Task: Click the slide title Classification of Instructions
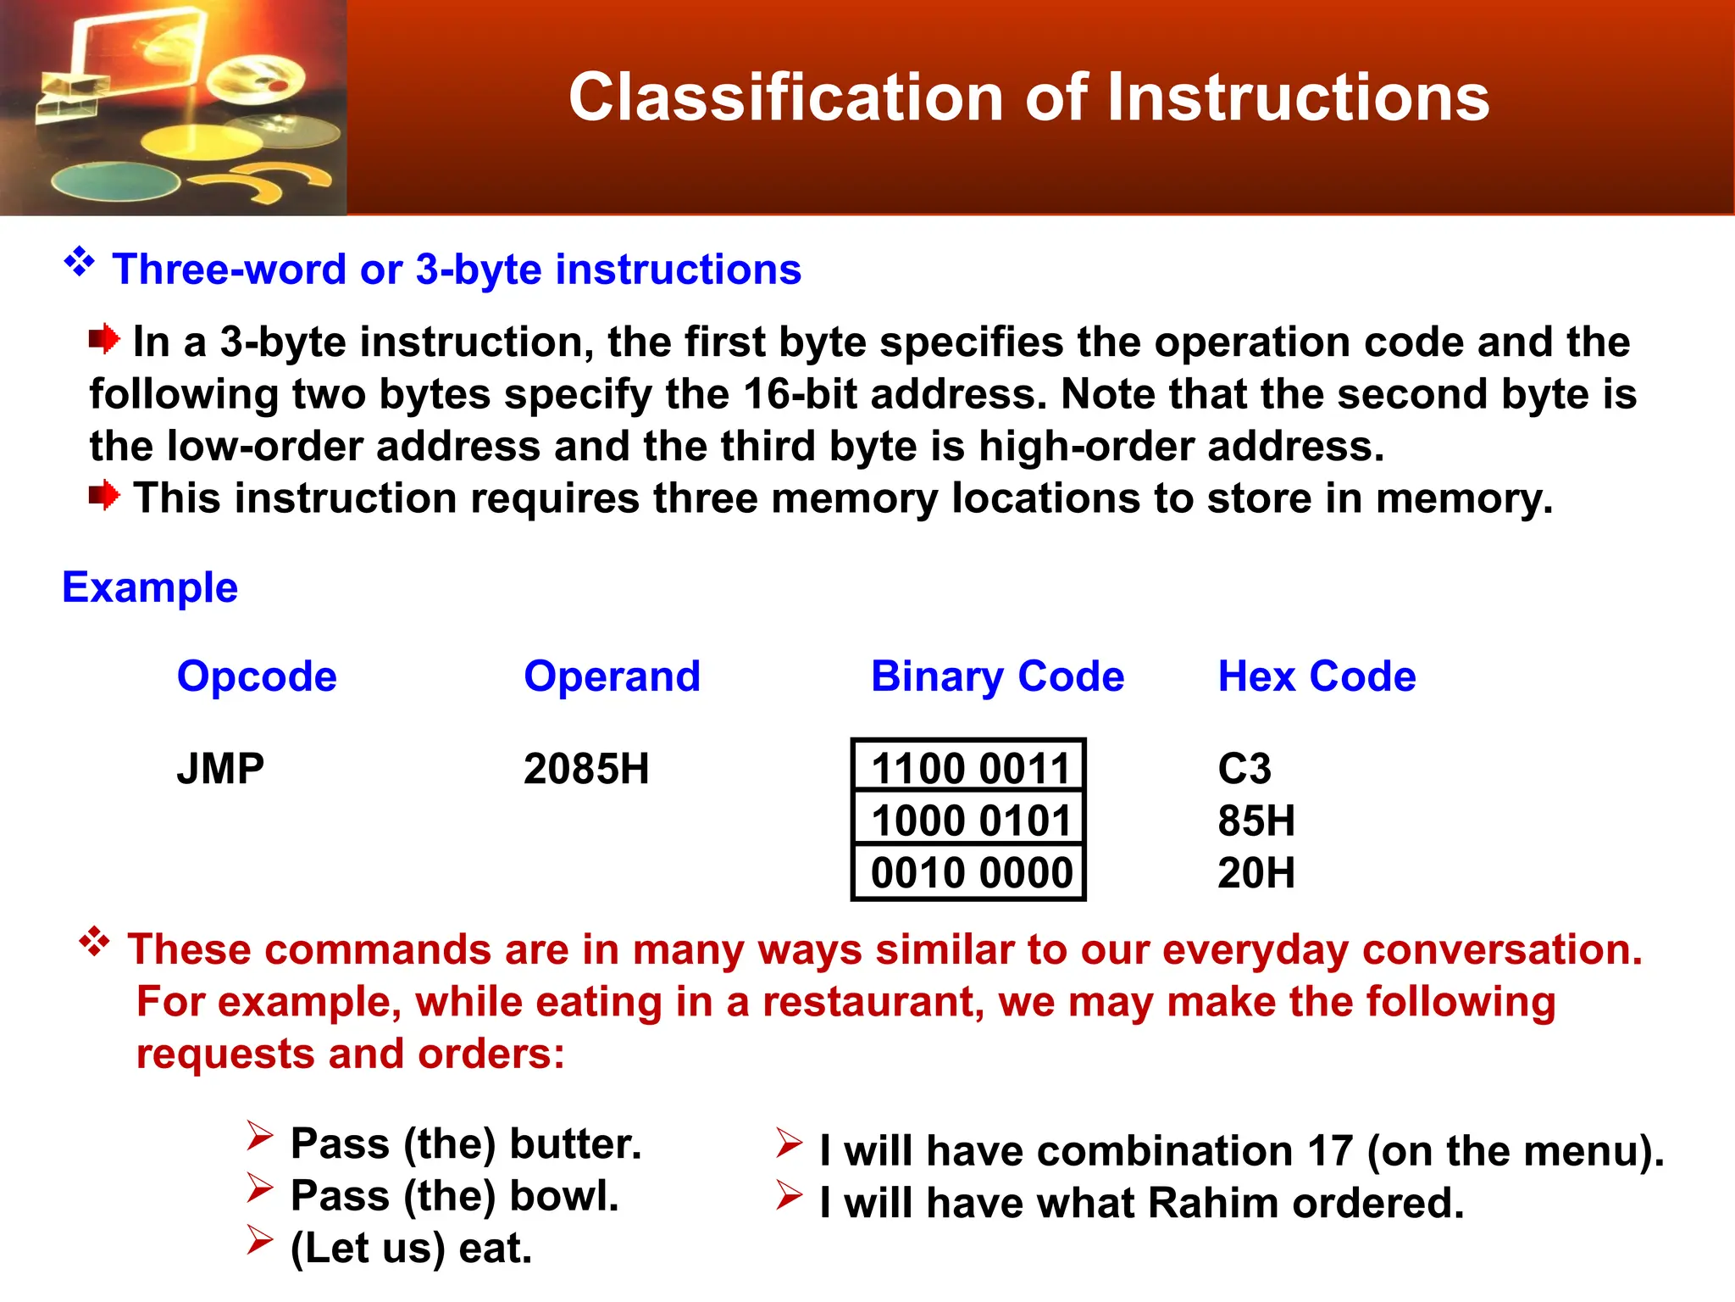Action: click(x=1028, y=97)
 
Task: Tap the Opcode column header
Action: click(x=257, y=676)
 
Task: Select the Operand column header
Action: click(x=612, y=676)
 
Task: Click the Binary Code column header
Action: click(x=997, y=676)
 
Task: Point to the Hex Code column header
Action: click(x=1316, y=676)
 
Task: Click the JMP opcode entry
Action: click(x=220, y=769)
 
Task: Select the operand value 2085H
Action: click(x=586, y=769)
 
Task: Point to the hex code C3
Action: click(x=1244, y=769)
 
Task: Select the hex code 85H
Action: click(x=1256, y=821)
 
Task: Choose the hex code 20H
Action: click(x=1256, y=872)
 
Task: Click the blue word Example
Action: click(x=150, y=587)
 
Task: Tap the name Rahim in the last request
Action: click(x=1213, y=1203)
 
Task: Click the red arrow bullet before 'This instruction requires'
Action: click(x=104, y=496)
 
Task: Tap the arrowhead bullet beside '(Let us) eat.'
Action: click(x=260, y=1240)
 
